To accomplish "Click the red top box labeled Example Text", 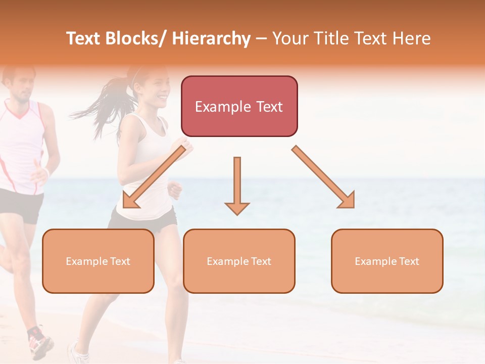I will (x=239, y=106).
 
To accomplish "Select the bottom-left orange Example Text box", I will (x=98, y=261).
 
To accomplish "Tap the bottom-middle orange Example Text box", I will (x=239, y=261).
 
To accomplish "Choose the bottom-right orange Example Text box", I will (x=387, y=261).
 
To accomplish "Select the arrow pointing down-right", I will (x=324, y=177).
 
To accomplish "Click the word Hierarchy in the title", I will (x=211, y=38).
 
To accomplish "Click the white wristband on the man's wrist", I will (x=47, y=172).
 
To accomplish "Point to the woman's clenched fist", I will (x=175, y=190).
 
